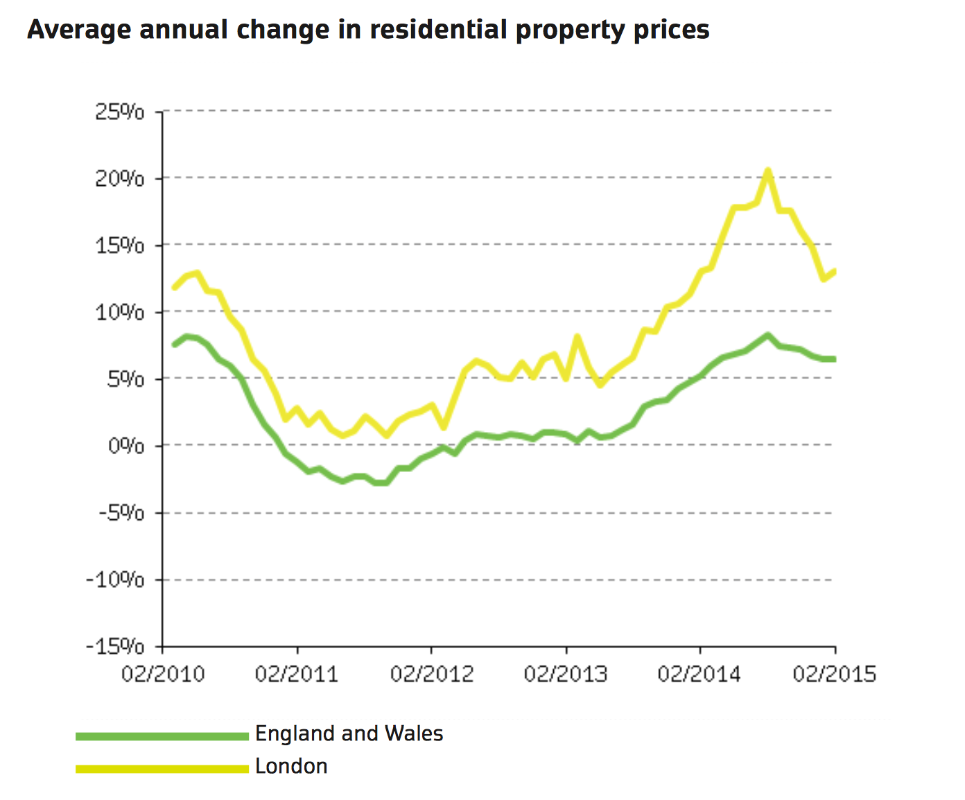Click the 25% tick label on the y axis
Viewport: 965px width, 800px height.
120,112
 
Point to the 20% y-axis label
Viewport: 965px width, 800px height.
120,179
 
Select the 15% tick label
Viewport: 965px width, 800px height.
120,245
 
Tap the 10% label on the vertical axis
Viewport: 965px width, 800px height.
120,313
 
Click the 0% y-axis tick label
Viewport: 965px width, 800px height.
126,446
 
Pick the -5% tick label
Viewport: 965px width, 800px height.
122,513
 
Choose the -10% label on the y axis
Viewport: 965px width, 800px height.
115,580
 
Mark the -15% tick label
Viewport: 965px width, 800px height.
115,647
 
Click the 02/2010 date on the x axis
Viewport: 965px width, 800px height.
163,674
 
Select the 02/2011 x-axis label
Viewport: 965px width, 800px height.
297,674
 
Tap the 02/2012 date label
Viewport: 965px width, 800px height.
431,674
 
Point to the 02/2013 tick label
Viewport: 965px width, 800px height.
566,674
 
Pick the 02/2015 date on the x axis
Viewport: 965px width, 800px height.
835,674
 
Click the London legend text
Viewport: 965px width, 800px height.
291,767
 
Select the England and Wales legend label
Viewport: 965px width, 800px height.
349,733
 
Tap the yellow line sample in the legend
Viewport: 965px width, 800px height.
162,768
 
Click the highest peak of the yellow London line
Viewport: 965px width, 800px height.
767,171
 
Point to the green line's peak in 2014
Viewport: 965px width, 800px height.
767,336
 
